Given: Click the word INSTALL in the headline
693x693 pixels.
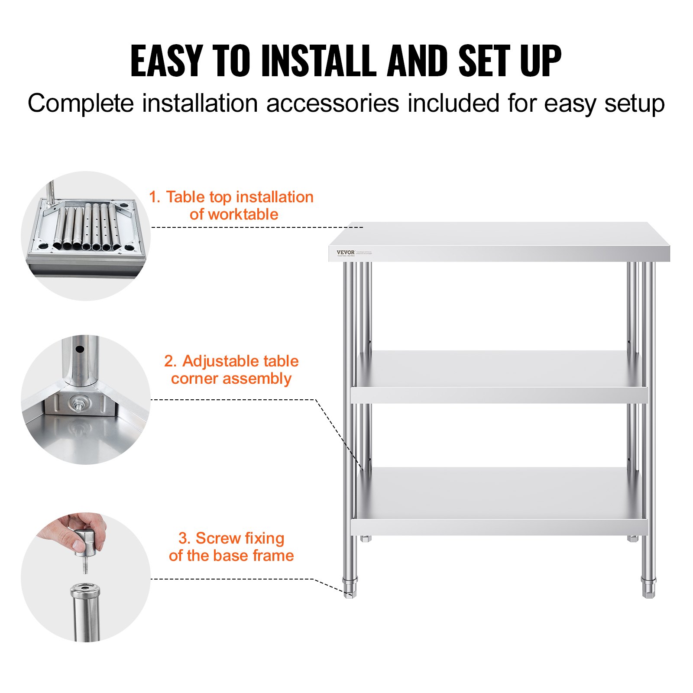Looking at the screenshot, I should coord(319,61).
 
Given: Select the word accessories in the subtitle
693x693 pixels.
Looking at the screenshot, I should coord(332,104).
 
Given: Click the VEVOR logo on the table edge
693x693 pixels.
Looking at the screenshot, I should coord(345,252).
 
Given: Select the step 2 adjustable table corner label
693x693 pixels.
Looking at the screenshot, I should coord(231,369).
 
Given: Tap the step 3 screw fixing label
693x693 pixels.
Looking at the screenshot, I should coord(231,547).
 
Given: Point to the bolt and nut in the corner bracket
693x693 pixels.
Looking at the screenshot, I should coord(78,404).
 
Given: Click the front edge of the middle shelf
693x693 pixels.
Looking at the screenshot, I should coord(498,395).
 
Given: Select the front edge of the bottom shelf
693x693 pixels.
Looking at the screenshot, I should coord(498,527).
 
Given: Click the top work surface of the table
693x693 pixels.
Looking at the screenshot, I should coord(498,236).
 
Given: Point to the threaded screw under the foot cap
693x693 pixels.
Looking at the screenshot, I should coord(85,566).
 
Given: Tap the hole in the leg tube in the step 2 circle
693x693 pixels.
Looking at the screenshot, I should coord(80,349).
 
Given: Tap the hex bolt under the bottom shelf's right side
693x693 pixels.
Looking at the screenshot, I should coord(632,538).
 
